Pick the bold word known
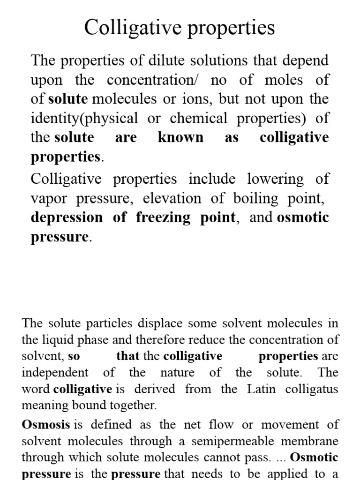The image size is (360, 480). pyautogui.click(x=181, y=138)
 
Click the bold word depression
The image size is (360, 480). pyautogui.click(x=67, y=217)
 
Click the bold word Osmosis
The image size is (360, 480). pyautogui.click(x=46, y=425)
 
